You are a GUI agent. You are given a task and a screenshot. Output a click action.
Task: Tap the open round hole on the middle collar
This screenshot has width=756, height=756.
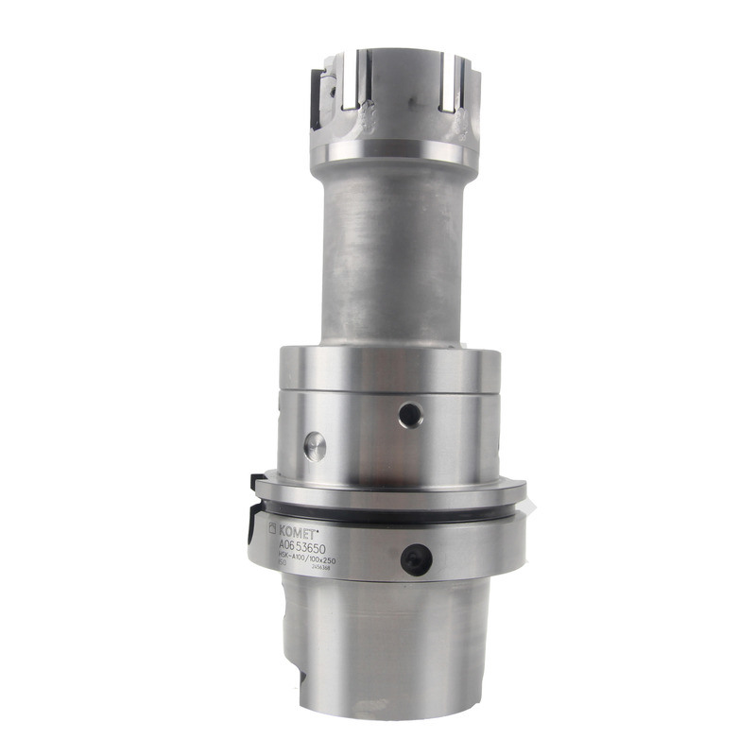point(409,414)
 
